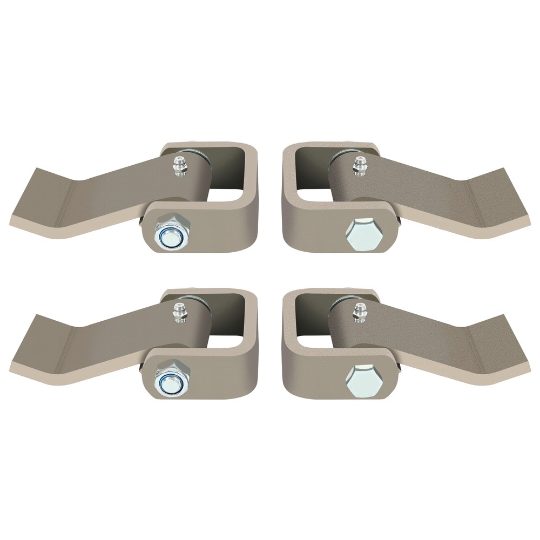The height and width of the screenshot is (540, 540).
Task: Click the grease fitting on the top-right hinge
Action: click(358, 166)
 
